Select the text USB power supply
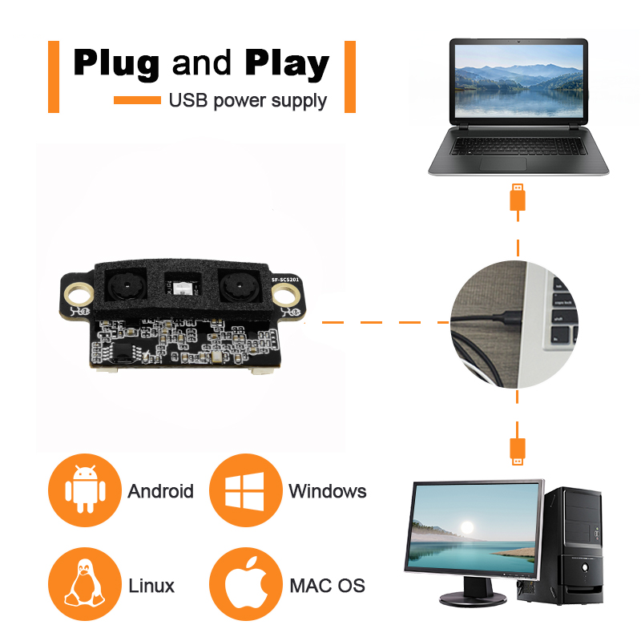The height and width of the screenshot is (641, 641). point(248,100)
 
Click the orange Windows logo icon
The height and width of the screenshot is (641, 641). point(244,490)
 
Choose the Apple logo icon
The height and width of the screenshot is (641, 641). point(244,584)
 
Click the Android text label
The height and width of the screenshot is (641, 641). point(160,491)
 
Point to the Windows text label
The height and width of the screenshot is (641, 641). point(327,491)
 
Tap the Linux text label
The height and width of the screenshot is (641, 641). point(151,586)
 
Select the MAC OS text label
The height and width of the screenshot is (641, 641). point(327,586)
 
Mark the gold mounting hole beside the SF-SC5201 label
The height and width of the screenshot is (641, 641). point(284,296)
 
